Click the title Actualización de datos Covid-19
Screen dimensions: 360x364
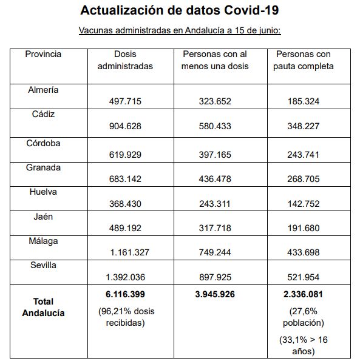(x=180, y=10)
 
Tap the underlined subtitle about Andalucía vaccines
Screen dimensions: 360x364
(x=180, y=30)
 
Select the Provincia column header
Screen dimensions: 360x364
(x=43, y=54)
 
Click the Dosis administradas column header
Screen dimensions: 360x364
(x=125, y=60)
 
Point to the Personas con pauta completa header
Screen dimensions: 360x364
(x=304, y=60)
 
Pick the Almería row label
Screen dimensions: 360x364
(x=43, y=90)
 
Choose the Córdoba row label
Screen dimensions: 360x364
(x=43, y=143)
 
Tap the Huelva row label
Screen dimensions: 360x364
(x=43, y=192)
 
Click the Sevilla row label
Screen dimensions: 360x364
(x=43, y=265)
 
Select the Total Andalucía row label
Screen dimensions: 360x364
(x=43, y=307)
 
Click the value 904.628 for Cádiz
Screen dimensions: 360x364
(x=125, y=126)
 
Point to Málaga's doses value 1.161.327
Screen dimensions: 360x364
(x=129, y=252)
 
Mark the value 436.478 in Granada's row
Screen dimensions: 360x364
(x=215, y=179)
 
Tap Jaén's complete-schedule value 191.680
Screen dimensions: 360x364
(x=304, y=228)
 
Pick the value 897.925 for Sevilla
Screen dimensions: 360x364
(x=215, y=277)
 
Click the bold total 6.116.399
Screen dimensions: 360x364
(x=125, y=294)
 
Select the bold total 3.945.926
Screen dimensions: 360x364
(x=215, y=294)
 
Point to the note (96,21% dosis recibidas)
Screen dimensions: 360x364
(x=126, y=317)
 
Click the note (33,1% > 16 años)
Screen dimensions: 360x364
(x=304, y=346)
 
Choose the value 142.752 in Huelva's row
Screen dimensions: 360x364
(x=304, y=204)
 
